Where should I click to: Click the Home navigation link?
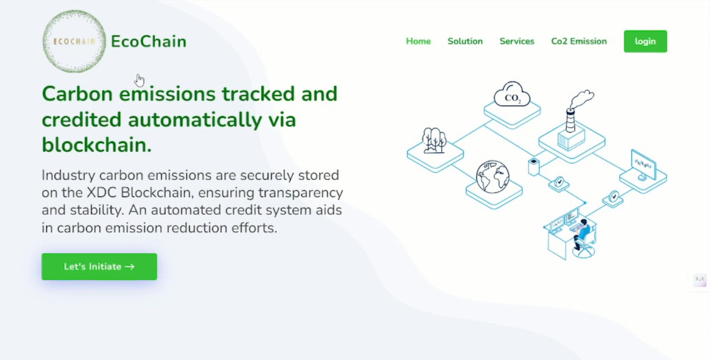coord(418,41)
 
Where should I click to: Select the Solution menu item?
coord(465,41)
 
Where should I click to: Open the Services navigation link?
coord(517,41)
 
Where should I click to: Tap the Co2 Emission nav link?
coord(579,41)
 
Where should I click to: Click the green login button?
coord(645,41)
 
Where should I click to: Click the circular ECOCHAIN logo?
coord(74,41)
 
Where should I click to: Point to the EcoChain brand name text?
coord(148,41)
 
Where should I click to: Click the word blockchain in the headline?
coord(97,145)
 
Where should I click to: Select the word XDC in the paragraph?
coord(102,192)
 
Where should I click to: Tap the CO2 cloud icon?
coord(512,94)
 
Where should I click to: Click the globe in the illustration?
coord(493,177)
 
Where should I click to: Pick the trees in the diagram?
coord(434,140)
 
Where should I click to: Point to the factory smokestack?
coord(570,121)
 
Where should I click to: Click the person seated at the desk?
coord(582,234)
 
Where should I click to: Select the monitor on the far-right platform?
coord(643,165)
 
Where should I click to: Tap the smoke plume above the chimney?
coord(582,99)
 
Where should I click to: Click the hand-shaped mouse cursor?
coord(140,80)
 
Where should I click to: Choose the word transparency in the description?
coord(301,193)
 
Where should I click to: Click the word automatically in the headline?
coord(195,120)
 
